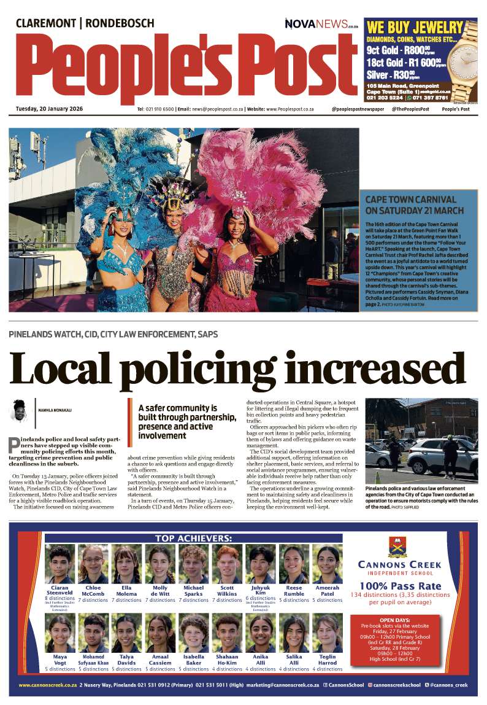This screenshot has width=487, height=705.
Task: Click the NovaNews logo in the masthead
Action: (321, 24)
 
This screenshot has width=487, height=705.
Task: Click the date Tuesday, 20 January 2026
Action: (50, 109)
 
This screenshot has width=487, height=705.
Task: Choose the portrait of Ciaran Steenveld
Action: (60, 564)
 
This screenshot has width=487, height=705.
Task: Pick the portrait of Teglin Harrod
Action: (328, 633)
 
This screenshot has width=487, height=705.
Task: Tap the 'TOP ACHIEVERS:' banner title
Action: (193, 539)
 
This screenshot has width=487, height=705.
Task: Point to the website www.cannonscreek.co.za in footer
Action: (47, 685)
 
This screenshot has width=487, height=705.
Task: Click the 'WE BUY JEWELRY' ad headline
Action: (415, 27)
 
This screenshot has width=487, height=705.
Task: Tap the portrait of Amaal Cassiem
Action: (160, 633)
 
